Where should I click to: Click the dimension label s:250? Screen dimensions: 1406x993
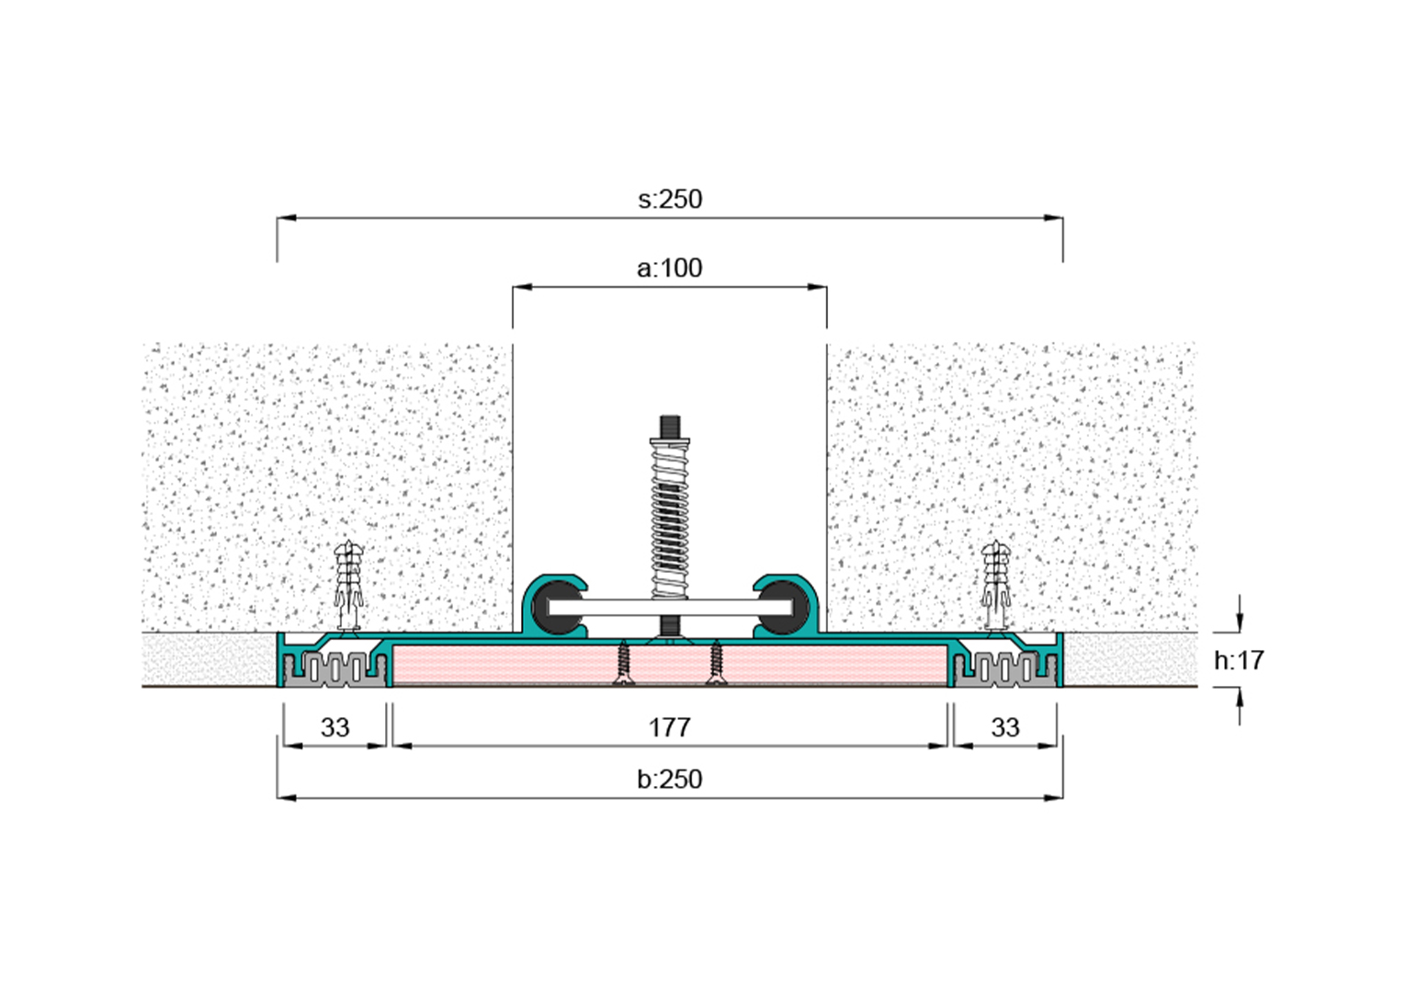click(x=670, y=200)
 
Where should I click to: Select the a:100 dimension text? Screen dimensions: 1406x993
click(x=669, y=268)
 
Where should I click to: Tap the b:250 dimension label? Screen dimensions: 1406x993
click(x=669, y=779)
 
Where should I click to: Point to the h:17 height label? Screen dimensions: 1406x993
click(x=1239, y=660)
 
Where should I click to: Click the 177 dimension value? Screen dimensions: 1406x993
click(x=669, y=727)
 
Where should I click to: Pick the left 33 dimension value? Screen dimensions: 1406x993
click(x=334, y=727)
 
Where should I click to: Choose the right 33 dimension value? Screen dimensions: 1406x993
click(x=1005, y=727)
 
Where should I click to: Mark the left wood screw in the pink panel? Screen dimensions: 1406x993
click(x=622, y=663)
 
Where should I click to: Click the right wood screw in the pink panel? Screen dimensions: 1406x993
click(x=716, y=663)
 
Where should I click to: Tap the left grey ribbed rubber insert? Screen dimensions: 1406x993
click(x=334, y=669)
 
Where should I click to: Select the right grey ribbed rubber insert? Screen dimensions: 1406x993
click(x=1005, y=669)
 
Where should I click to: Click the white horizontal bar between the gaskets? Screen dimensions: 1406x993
click(x=670, y=608)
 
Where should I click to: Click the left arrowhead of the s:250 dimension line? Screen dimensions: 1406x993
click(x=286, y=218)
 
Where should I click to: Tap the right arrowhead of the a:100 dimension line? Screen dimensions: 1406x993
click(x=817, y=287)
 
